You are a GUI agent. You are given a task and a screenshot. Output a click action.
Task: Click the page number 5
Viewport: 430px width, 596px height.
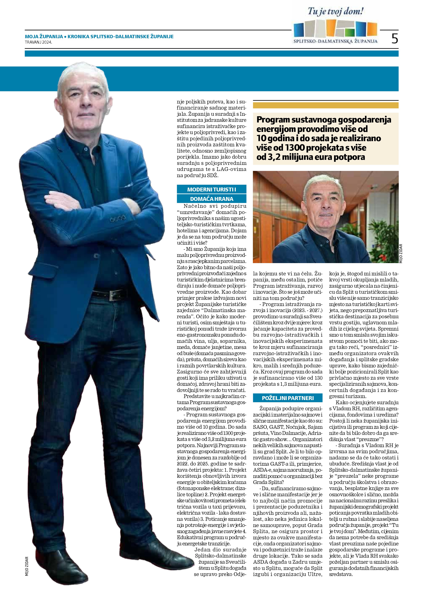(x=395, y=39)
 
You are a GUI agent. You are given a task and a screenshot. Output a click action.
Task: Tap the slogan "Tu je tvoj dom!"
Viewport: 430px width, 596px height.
(x=336, y=12)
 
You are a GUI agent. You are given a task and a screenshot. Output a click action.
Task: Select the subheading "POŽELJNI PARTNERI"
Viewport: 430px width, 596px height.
(x=288, y=398)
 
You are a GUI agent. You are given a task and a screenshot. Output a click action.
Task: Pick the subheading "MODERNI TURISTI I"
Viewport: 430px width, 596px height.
(x=212, y=189)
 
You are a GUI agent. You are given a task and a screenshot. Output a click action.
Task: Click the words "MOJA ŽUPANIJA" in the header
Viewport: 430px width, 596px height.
(x=44, y=37)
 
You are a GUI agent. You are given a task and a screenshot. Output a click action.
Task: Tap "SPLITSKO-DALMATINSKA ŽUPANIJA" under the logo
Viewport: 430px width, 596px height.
(x=336, y=41)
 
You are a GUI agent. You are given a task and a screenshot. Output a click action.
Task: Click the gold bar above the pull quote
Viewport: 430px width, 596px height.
(x=325, y=105)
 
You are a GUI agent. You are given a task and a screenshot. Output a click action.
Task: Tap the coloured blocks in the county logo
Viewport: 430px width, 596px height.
(x=336, y=29)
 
